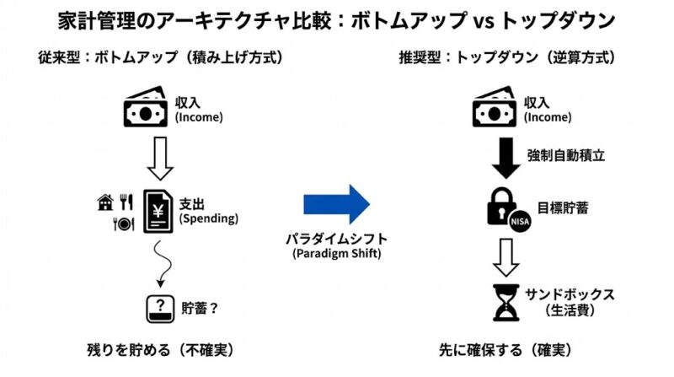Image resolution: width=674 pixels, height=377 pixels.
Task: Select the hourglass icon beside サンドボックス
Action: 505,303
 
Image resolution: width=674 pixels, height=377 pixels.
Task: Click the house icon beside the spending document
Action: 106,202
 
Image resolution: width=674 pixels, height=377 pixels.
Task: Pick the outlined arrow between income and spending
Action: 159,157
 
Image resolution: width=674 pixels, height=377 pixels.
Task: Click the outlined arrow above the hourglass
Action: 505,255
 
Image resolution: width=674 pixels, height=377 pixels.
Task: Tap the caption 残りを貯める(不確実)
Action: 159,348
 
